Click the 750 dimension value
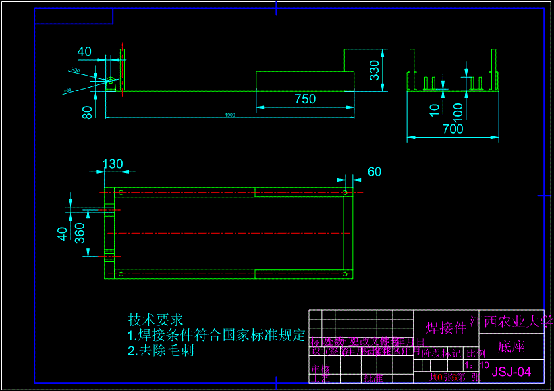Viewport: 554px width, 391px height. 305,99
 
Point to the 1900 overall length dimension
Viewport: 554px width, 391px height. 230,115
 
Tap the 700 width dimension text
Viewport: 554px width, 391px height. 453,129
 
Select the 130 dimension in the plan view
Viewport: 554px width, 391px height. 112,164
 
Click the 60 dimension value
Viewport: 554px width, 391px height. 374,172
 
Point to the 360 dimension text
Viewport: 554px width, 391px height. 80,233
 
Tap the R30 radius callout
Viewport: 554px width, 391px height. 75,70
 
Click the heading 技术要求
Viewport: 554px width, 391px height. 155,320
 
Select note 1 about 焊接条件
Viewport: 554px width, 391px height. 217,335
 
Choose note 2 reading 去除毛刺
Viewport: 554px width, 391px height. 161,351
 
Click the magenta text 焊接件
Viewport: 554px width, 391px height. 446,328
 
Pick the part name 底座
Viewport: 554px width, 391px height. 511,347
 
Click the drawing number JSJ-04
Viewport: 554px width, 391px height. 511,372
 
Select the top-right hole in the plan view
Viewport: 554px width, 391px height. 345,192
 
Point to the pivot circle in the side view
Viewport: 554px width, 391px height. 111,81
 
